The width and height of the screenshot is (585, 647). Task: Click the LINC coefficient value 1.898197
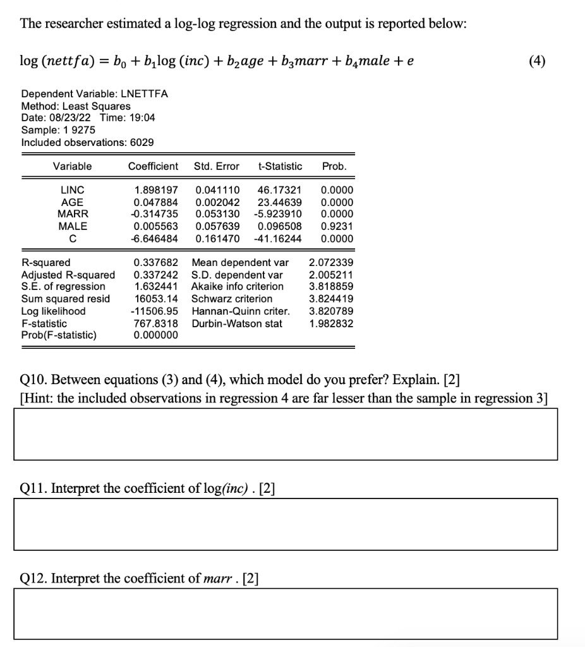pos(156,190)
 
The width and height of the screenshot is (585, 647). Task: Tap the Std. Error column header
pos(217,167)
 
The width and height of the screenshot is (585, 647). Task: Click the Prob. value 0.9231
pos(337,226)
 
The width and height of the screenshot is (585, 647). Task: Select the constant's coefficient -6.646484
pos(155,239)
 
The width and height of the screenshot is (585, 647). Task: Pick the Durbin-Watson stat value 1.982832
pos(331,323)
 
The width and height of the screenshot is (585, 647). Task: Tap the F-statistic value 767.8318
pos(156,323)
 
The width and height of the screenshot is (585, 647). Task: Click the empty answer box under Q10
pos(286,434)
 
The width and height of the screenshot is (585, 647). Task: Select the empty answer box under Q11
pos(286,524)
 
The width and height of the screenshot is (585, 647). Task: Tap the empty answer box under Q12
pos(286,614)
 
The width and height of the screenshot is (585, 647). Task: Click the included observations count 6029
pos(141,143)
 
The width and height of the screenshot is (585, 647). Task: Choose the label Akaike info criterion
pos(237,287)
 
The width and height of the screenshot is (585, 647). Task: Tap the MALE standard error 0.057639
pos(217,226)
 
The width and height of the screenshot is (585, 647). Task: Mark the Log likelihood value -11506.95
pos(155,311)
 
